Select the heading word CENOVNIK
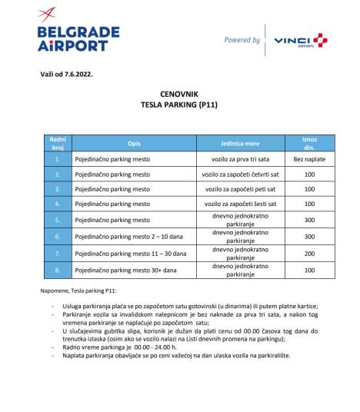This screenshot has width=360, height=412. click(x=178, y=91)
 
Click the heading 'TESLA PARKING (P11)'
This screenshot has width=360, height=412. click(x=178, y=101)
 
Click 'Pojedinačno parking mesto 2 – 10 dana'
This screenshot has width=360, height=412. click(x=124, y=237)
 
